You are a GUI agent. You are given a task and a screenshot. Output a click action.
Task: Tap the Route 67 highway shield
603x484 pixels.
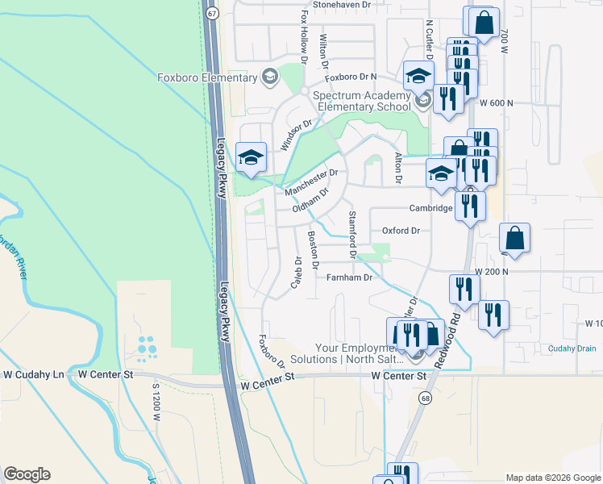[211, 14]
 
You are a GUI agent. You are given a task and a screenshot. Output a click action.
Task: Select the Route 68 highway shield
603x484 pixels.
[423, 398]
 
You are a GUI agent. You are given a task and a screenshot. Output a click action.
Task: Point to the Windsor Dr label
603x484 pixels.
[295, 136]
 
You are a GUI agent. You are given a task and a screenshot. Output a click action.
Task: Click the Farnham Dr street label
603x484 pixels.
[349, 277]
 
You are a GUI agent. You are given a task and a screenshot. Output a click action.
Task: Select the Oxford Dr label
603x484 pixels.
[401, 231]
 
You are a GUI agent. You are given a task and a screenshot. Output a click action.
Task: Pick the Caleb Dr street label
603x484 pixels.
[296, 273]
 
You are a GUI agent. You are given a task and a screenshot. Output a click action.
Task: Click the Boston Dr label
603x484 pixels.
[314, 250]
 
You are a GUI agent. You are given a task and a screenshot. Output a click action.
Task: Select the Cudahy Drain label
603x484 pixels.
[574, 348]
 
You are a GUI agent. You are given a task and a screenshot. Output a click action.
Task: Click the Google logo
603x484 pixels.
[27, 474]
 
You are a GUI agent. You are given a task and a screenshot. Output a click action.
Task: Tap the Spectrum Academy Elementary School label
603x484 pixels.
[362, 101]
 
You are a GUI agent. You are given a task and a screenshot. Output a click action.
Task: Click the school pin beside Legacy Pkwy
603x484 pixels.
[251, 156]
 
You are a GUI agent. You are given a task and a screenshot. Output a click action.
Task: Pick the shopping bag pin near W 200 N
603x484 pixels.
[514, 239]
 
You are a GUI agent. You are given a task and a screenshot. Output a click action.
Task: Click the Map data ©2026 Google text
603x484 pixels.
[553, 478]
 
